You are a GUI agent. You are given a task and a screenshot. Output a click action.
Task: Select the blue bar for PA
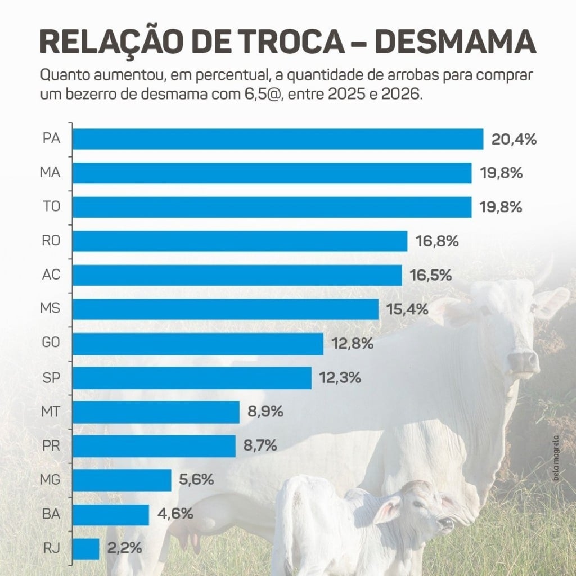(278, 139)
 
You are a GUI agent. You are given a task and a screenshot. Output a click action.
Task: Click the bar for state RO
(240, 241)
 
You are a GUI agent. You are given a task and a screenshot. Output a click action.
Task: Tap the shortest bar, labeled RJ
(86, 548)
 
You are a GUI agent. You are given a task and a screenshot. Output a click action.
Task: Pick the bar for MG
(122, 480)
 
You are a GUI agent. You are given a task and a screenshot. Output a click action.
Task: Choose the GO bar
(198, 344)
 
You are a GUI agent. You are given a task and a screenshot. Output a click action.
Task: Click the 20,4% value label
(514, 139)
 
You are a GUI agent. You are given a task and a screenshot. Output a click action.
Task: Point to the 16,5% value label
(431, 276)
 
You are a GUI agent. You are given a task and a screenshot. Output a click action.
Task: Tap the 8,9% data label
(265, 412)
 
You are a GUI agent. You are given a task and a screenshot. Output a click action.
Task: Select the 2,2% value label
(124, 548)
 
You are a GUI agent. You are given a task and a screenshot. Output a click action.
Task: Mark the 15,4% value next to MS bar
(408, 309)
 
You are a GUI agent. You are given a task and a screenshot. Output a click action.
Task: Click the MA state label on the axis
(51, 173)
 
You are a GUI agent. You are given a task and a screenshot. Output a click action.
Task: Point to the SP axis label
(51, 378)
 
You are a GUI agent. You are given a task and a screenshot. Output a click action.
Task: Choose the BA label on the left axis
(51, 514)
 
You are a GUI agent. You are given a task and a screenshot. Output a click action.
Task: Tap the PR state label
(51, 446)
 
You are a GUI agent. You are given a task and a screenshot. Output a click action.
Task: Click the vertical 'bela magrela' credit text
(555, 458)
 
